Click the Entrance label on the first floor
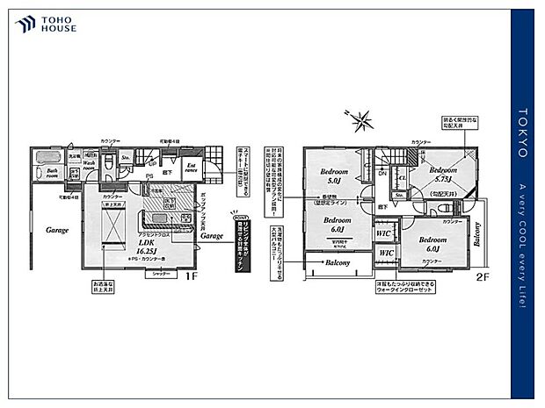pyautogui.click(x=191, y=168)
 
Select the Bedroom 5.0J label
pyautogui.click(x=335, y=175)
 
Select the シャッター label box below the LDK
pyautogui.click(x=159, y=274)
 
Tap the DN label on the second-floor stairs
pyautogui.click(x=382, y=173)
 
